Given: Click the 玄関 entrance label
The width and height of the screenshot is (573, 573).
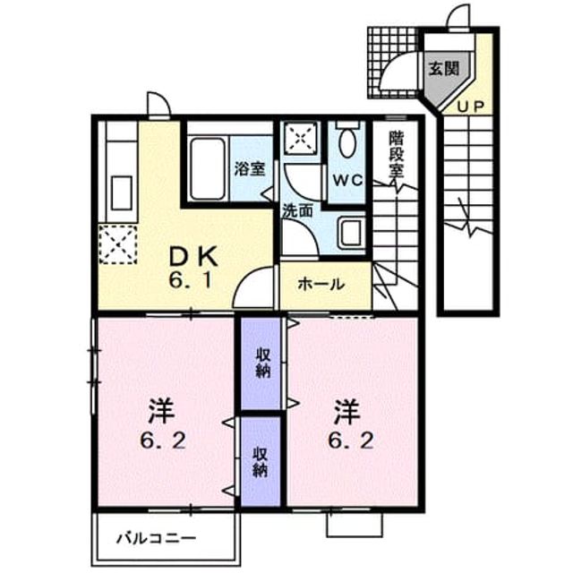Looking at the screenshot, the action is coord(444,68).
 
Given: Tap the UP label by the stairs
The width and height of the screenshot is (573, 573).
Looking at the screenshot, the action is coord(471,107).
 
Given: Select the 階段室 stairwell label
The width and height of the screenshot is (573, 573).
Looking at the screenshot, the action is coord(397,154).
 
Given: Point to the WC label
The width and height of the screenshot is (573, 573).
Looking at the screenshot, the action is coord(346,180).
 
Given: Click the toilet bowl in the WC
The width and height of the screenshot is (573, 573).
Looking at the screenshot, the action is coord(347,141).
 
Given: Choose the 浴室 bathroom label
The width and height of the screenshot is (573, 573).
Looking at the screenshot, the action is coord(250,169).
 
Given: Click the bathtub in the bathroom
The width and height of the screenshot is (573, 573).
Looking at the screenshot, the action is coord(207,168).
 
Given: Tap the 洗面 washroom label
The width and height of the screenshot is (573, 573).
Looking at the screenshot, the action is coord(298,211).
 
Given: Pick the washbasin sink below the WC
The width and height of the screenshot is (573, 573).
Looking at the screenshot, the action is coord(350,233).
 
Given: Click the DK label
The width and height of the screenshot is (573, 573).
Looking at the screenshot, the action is coord(193,256).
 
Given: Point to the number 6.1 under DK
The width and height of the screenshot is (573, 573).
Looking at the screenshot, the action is coord(190,280).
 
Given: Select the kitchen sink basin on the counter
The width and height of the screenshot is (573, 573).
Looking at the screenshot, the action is coord(122,192).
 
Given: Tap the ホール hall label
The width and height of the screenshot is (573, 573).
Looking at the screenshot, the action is coord(321,284).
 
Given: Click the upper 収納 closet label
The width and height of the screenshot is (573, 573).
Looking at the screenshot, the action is coord(262,363).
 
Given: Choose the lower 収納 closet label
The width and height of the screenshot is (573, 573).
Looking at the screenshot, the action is coord(261,462).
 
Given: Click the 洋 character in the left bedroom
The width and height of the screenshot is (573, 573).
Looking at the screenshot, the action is coord(161,412).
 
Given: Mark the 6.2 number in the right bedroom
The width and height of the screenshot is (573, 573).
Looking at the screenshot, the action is coord(350,440).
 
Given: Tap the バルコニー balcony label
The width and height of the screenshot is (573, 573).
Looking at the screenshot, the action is coord(156,538).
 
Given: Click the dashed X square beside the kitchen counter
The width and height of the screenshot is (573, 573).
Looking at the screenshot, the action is coord(118,244).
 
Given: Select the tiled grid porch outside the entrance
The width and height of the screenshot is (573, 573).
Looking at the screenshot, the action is coord(393,63).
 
